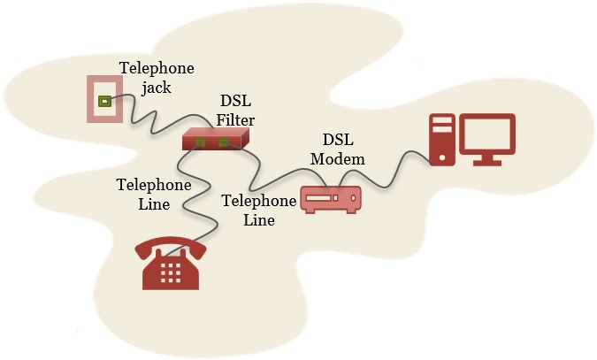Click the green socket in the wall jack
click(x=104, y=101)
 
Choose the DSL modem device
click(x=331, y=198)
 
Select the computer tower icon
click(x=441, y=139)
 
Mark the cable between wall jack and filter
click(x=150, y=119)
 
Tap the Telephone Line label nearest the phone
click(x=154, y=194)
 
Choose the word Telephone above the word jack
click(x=157, y=68)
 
